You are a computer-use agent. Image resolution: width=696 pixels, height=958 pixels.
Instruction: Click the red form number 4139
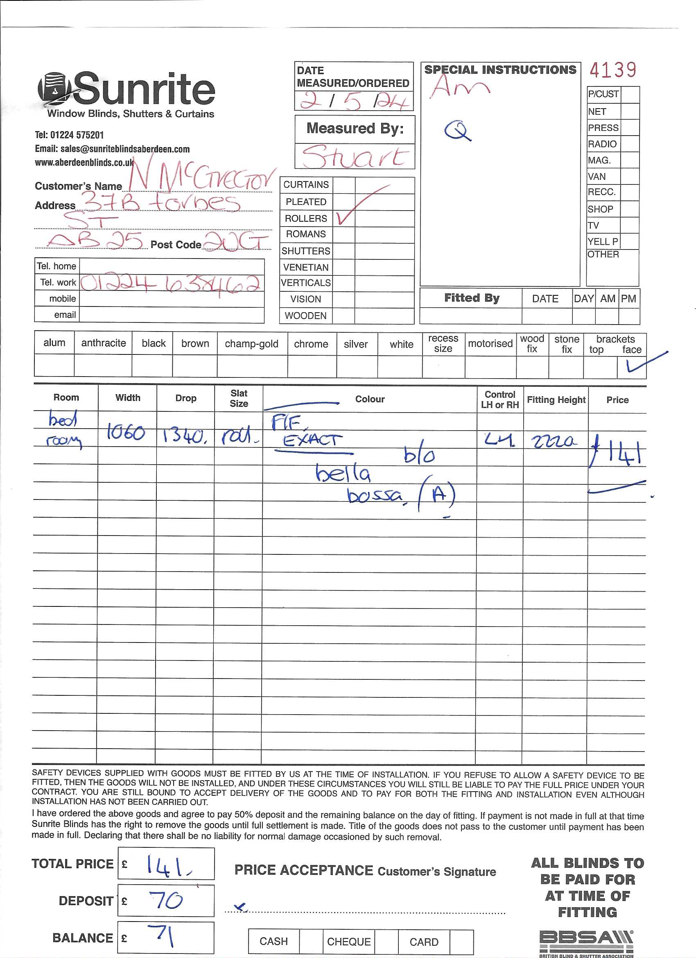612,70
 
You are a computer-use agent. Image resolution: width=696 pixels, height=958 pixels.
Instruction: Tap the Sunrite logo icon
53,89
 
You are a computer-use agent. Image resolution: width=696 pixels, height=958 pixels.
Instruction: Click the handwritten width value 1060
126,433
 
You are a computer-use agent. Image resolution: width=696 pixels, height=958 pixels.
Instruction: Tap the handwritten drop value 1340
185,435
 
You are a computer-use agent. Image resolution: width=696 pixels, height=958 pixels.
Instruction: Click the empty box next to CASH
311,942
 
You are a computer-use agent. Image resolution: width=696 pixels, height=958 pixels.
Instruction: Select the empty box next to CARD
461,942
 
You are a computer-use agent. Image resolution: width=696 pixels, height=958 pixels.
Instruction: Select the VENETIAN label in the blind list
305,268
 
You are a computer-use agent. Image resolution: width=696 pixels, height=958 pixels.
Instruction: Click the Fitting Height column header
556,400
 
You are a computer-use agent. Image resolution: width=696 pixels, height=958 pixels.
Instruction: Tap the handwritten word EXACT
312,440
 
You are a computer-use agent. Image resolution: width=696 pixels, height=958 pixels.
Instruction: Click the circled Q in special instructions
456,131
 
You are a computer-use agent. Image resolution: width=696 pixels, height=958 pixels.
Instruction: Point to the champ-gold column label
251,344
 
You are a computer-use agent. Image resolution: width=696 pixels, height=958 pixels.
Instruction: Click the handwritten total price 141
167,865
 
